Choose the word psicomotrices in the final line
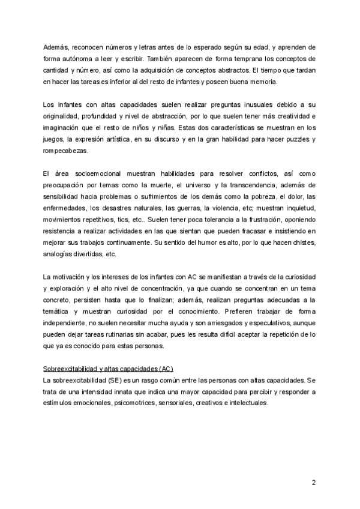pos(138,403)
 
